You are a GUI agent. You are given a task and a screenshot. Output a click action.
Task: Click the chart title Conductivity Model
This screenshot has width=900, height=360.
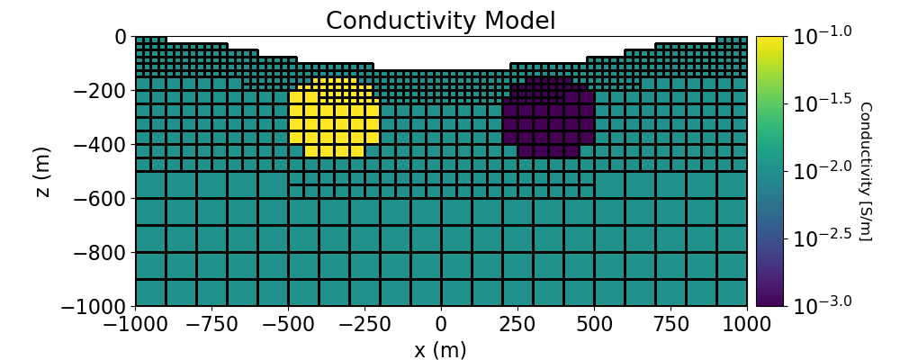point(441,20)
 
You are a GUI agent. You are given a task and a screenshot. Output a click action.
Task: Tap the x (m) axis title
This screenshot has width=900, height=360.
point(441,350)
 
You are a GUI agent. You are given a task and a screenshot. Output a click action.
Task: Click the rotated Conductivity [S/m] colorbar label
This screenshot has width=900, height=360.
point(865,171)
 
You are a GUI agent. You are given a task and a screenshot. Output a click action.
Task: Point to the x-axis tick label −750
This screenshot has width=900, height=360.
point(211,324)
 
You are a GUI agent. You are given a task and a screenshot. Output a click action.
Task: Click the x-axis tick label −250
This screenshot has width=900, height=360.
point(364,324)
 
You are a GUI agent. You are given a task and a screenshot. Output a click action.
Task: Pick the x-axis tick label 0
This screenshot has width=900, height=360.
point(441,324)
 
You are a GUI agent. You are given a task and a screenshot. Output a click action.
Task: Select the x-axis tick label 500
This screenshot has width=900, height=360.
point(594,324)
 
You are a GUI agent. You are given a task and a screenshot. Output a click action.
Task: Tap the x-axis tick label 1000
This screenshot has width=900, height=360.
point(747,324)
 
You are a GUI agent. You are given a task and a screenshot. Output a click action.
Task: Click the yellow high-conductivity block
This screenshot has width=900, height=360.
point(334,121)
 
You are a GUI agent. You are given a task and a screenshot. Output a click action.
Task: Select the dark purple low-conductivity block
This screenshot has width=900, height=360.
point(548,121)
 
